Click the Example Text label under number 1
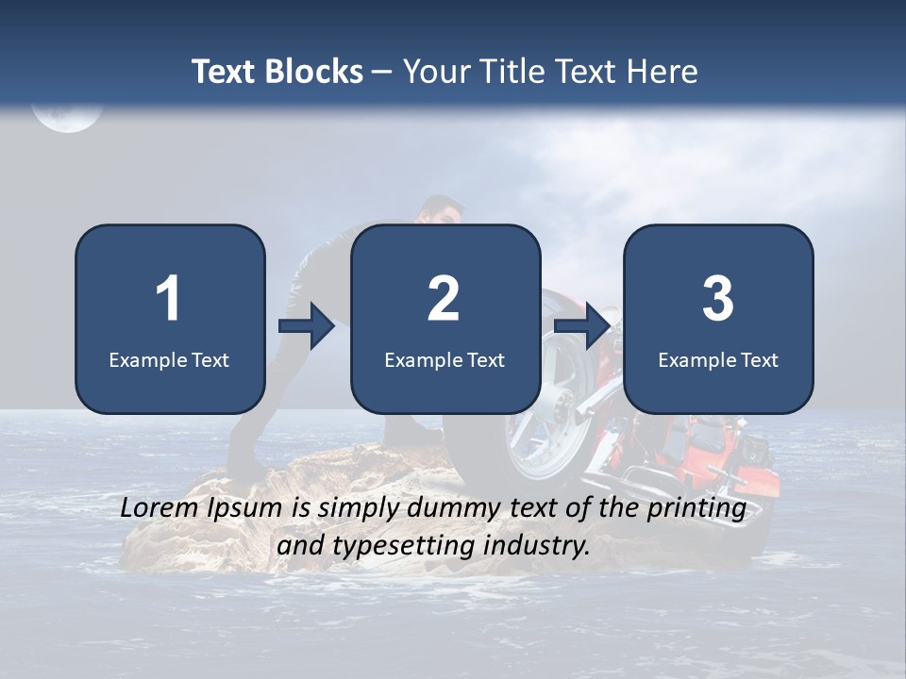(x=169, y=359)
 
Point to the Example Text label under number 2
(x=445, y=359)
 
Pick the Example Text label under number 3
(x=718, y=359)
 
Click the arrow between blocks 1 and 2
(x=307, y=327)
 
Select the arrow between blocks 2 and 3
(x=582, y=327)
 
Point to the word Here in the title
(x=663, y=72)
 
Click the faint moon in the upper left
(x=66, y=115)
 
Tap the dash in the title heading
(x=383, y=72)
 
